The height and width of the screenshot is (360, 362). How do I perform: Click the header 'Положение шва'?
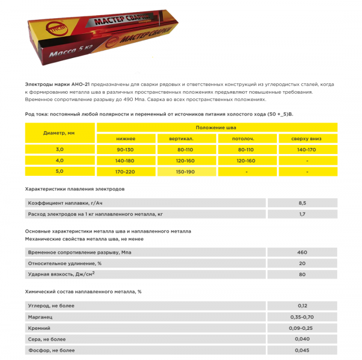(x=216, y=127)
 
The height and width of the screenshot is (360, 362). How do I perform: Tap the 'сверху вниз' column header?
(x=307, y=138)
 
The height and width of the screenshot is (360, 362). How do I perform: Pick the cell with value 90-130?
(x=125, y=149)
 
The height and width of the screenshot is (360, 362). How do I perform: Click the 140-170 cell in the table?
(x=307, y=149)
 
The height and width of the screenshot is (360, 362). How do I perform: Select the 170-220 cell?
(x=125, y=172)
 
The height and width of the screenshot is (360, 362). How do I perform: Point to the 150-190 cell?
(x=186, y=172)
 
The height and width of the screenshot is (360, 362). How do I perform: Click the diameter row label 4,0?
(x=59, y=161)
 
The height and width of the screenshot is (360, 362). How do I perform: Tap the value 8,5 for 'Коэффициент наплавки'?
(x=302, y=203)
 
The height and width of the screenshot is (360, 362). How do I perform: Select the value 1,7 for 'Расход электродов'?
(x=302, y=214)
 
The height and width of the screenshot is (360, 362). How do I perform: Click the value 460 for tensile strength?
(x=302, y=252)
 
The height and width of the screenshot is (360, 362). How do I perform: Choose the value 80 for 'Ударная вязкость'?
(x=302, y=275)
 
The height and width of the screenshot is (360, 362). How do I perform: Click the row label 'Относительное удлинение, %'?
(x=65, y=263)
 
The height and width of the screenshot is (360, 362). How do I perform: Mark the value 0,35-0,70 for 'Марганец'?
(x=302, y=317)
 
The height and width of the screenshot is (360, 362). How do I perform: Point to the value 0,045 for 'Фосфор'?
(x=302, y=350)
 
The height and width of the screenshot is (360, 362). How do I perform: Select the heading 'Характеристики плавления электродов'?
(x=75, y=189)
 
